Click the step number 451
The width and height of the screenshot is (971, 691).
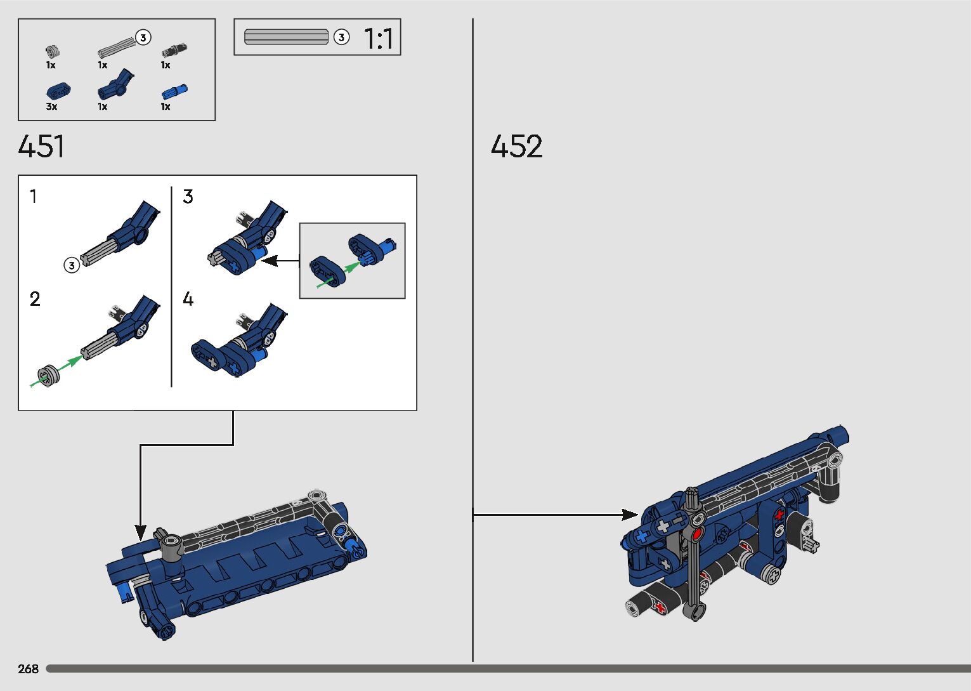click(41, 146)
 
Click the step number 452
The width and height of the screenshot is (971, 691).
click(516, 146)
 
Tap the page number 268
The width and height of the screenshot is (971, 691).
click(28, 669)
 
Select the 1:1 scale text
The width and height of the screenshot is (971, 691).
click(379, 38)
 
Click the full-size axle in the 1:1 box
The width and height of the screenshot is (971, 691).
click(286, 37)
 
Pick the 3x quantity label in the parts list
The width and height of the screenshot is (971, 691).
click(51, 106)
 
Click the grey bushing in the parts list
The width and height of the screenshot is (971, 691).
click(53, 51)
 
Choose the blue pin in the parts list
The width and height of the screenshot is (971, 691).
click(174, 92)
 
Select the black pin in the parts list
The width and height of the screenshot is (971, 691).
click(174, 50)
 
